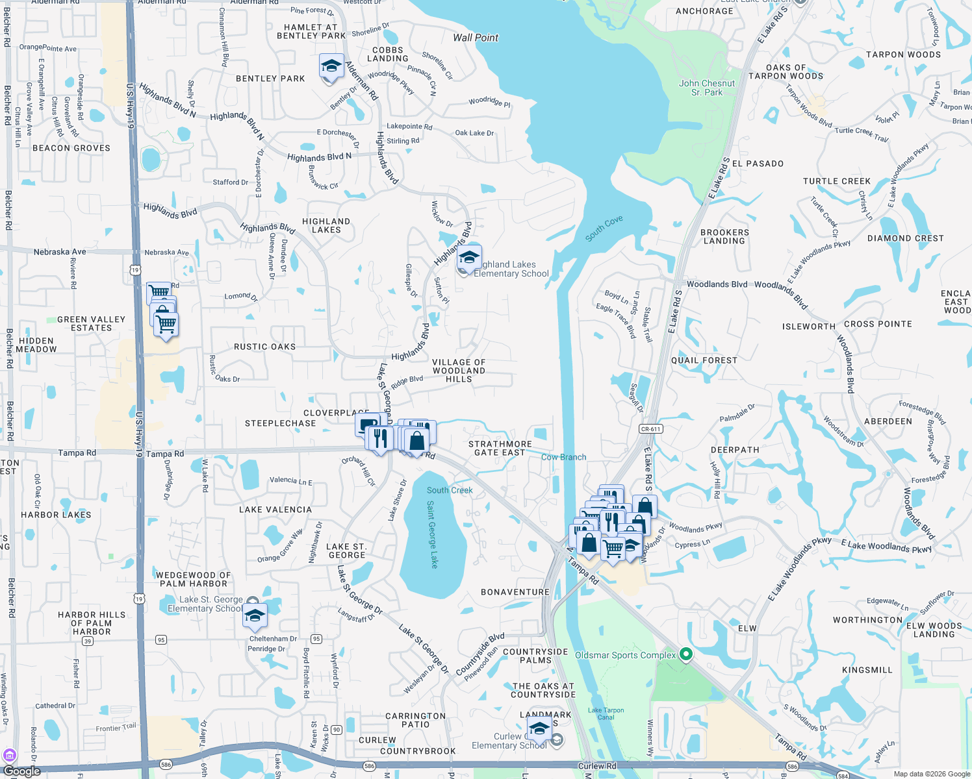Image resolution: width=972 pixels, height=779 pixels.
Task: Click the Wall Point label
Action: pyautogui.click(x=476, y=38)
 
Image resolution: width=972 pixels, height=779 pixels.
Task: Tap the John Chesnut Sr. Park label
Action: pyautogui.click(x=707, y=88)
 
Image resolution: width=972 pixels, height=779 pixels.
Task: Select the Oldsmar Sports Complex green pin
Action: pyautogui.click(x=685, y=654)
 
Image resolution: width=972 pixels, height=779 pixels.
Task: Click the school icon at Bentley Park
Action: pyautogui.click(x=331, y=67)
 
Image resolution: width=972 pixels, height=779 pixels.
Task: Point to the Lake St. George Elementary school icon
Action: pyautogui.click(x=255, y=616)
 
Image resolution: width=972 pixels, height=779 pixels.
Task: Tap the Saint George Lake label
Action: pyautogui.click(x=433, y=534)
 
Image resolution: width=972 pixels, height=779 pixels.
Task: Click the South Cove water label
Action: pyautogui.click(x=604, y=229)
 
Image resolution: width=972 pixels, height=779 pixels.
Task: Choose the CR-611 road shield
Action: pyautogui.click(x=650, y=429)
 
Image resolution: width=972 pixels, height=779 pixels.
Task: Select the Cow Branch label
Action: pyautogui.click(x=564, y=457)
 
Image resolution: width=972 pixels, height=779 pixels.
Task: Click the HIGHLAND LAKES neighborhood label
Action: pyautogui.click(x=326, y=225)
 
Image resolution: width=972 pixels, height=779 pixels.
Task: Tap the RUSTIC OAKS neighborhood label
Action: pyautogui.click(x=264, y=347)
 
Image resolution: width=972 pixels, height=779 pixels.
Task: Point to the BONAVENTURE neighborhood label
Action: pyautogui.click(x=515, y=592)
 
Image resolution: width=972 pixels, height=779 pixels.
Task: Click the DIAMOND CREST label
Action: pyautogui.click(x=905, y=238)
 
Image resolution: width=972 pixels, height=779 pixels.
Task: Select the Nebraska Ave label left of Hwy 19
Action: pyautogui.click(x=60, y=252)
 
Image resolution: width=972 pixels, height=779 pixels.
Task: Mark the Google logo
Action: pyautogui.click(x=22, y=771)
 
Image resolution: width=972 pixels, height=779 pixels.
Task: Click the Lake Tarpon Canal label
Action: pyautogui.click(x=606, y=713)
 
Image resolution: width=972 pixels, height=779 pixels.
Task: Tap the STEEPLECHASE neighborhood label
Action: pyautogui.click(x=280, y=423)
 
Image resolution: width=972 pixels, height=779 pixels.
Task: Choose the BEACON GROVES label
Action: pyautogui.click(x=71, y=148)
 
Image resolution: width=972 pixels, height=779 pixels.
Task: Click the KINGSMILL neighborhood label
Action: pyautogui.click(x=867, y=670)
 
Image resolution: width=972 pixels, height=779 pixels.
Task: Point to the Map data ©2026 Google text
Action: pyautogui.click(x=932, y=774)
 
